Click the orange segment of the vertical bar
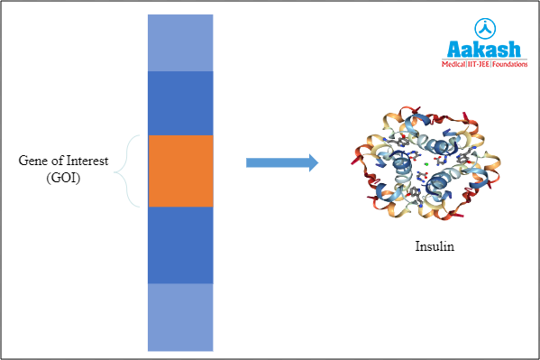180,171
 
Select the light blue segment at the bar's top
180,42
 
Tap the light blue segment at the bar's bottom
180,317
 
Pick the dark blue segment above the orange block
180,103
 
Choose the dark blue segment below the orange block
180,245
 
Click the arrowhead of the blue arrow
312,162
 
